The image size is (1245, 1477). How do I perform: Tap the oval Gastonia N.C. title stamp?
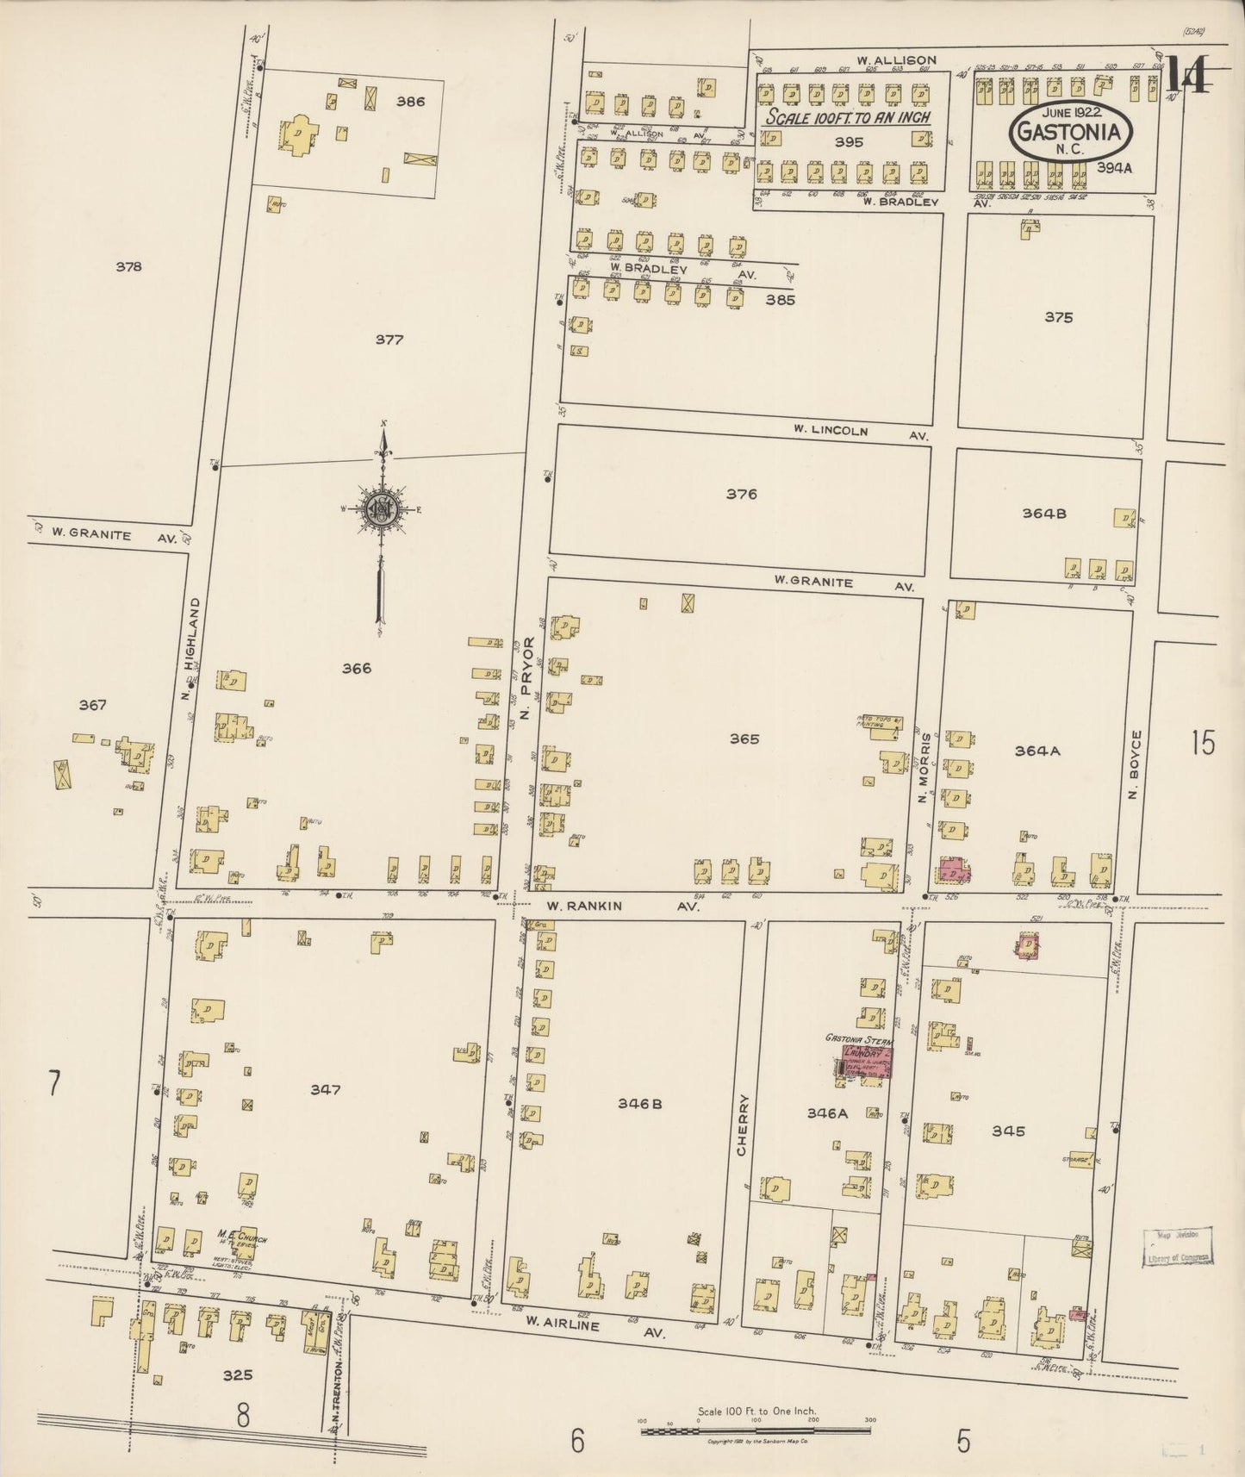(1071, 132)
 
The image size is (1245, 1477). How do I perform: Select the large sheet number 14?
(1190, 78)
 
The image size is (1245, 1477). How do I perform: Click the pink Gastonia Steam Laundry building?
(867, 1062)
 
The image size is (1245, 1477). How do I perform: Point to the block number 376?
(741, 495)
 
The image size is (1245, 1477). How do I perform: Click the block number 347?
(326, 1090)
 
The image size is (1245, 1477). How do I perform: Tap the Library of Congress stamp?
(1179, 1248)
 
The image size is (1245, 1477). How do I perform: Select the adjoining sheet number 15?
(1204, 742)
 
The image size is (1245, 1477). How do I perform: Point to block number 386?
(410, 102)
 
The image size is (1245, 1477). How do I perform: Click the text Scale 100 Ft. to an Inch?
(849, 117)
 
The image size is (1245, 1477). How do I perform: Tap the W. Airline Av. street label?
(598, 1326)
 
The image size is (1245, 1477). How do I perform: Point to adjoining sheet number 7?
(53, 1083)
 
